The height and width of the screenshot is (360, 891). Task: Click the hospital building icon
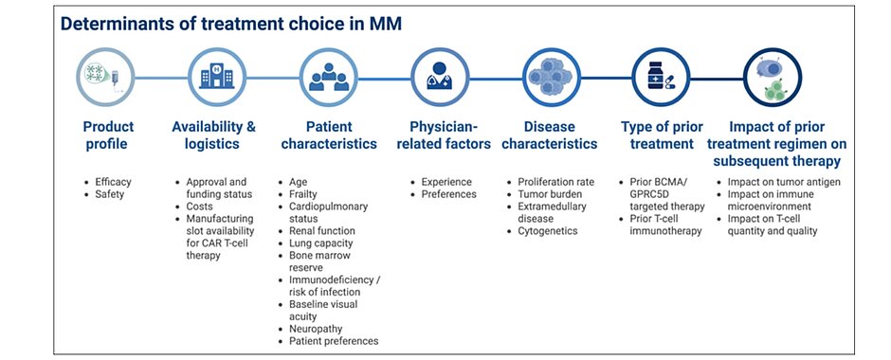tap(216, 77)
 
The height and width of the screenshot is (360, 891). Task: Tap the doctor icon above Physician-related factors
tap(439, 76)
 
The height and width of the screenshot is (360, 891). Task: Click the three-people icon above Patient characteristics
tap(329, 78)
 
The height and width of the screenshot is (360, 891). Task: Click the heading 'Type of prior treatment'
tap(662, 135)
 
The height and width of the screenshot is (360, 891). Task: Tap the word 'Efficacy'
tap(113, 182)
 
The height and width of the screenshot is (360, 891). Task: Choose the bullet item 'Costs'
tap(199, 207)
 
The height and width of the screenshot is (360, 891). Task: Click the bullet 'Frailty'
tap(303, 194)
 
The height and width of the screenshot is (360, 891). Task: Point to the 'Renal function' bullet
tap(321, 231)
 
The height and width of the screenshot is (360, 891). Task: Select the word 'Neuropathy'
tap(316, 330)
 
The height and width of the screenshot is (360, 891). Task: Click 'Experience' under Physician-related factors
tap(446, 182)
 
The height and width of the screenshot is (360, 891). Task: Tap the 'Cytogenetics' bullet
tap(547, 231)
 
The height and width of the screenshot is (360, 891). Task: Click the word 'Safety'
tap(109, 195)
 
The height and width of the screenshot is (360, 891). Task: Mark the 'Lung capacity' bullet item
tap(321, 243)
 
